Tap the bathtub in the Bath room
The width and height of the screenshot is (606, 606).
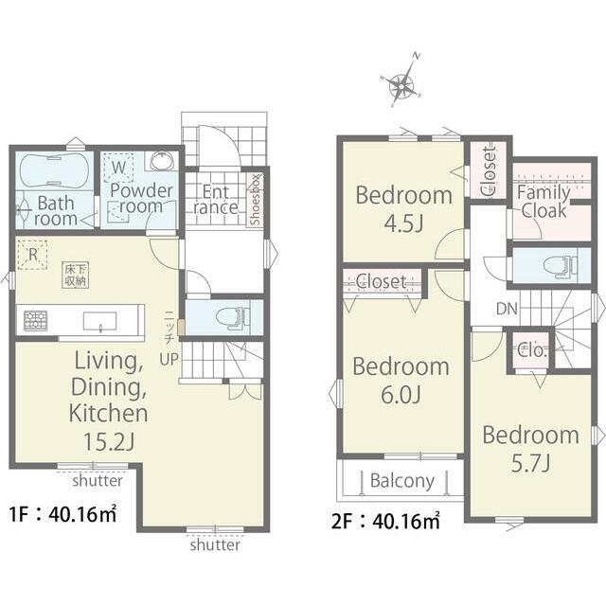[54, 170]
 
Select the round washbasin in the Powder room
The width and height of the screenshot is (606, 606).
[162, 161]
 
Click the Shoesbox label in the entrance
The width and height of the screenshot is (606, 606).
[256, 200]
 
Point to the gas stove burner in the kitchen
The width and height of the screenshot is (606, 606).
[36, 320]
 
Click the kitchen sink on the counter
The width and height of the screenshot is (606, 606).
[100, 322]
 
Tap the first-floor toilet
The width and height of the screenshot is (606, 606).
[232, 318]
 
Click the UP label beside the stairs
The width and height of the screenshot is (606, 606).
[169, 360]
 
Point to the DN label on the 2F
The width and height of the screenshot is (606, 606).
[507, 309]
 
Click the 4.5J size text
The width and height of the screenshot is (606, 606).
[403, 223]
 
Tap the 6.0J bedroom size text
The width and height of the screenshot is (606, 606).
[401, 395]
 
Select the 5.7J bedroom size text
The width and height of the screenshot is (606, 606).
[530, 463]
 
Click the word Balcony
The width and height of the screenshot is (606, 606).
[402, 481]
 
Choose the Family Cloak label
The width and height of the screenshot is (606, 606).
[544, 202]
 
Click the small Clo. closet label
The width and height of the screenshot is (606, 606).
[531, 350]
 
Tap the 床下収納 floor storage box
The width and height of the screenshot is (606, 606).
[75, 276]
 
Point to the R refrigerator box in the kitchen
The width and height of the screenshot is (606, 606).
[33, 255]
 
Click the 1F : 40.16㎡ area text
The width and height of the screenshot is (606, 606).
[63, 514]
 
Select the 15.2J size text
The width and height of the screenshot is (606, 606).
[109, 442]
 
